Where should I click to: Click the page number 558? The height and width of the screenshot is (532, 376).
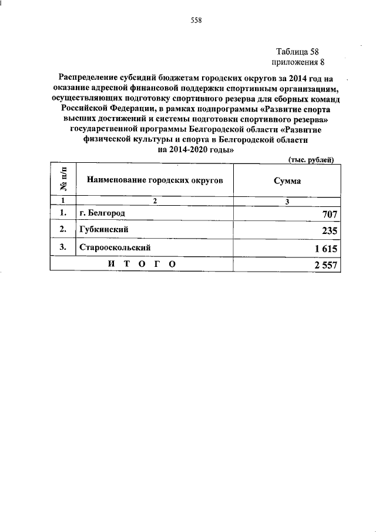point(196,21)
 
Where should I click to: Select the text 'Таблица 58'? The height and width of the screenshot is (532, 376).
point(297,52)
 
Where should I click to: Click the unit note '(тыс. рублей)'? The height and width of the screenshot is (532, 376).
point(311,159)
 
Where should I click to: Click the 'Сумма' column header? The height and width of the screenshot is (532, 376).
point(287,181)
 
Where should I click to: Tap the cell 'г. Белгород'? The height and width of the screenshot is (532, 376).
point(102,212)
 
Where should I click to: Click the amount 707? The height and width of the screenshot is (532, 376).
point(327,214)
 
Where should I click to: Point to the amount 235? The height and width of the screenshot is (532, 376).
point(327,232)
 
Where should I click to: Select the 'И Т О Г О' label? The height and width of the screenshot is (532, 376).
point(142,265)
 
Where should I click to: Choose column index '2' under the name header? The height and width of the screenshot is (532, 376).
point(156,200)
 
